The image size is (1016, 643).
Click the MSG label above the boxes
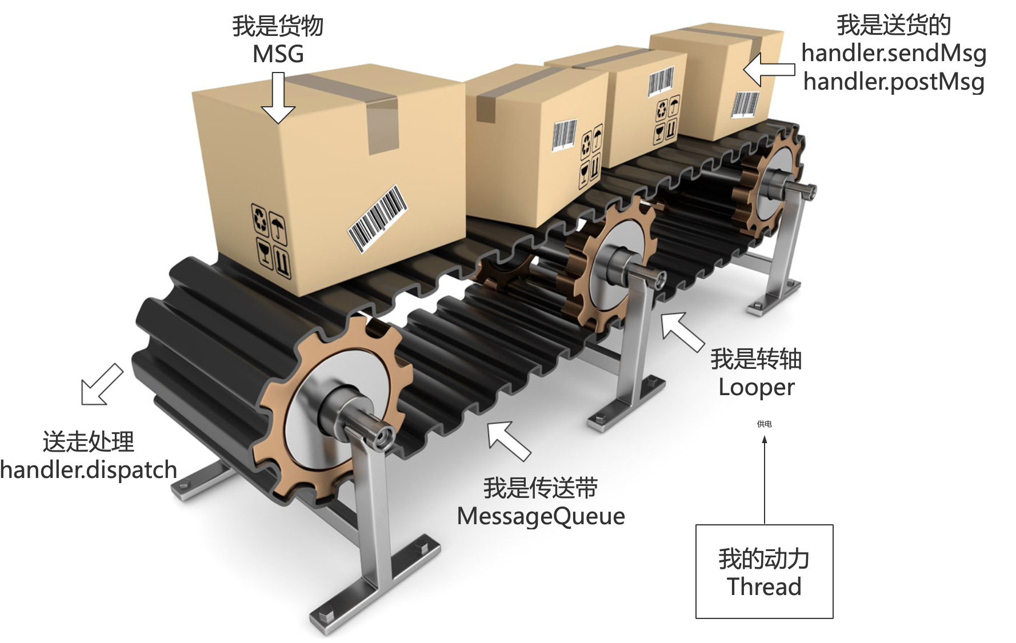point(278,54)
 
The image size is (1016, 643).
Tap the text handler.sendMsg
point(893,53)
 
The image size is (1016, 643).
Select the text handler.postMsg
point(893,81)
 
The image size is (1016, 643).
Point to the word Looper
point(756,387)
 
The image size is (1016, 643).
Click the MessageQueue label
point(541,516)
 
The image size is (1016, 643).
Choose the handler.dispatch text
point(89,469)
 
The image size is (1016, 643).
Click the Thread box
point(764,571)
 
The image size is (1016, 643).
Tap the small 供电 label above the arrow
point(764,424)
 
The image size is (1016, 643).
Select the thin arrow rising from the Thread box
point(765,480)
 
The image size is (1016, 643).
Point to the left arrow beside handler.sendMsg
point(768,70)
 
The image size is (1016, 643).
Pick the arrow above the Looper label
point(682,331)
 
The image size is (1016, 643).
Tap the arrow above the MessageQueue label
point(508,440)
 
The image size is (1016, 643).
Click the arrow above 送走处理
point(102,385)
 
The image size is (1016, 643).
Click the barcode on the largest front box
point(377,218)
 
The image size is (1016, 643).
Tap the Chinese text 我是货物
point(278,26)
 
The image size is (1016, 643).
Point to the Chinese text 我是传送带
point(541,488)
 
